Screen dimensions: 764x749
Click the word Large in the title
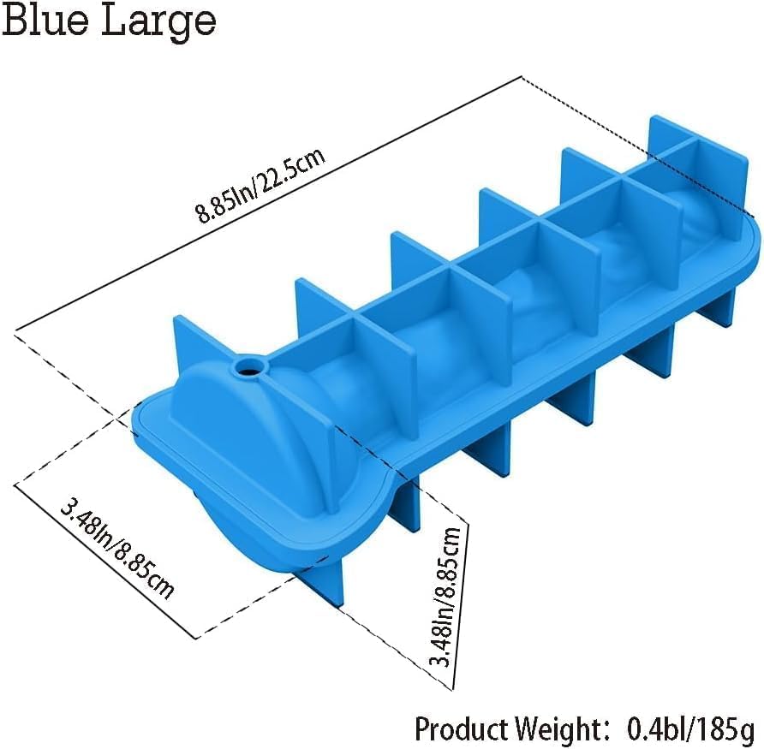tap(159, 23)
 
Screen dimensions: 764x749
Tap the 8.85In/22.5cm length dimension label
tap(260, 186)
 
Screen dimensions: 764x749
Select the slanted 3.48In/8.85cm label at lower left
tap(117, 550)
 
